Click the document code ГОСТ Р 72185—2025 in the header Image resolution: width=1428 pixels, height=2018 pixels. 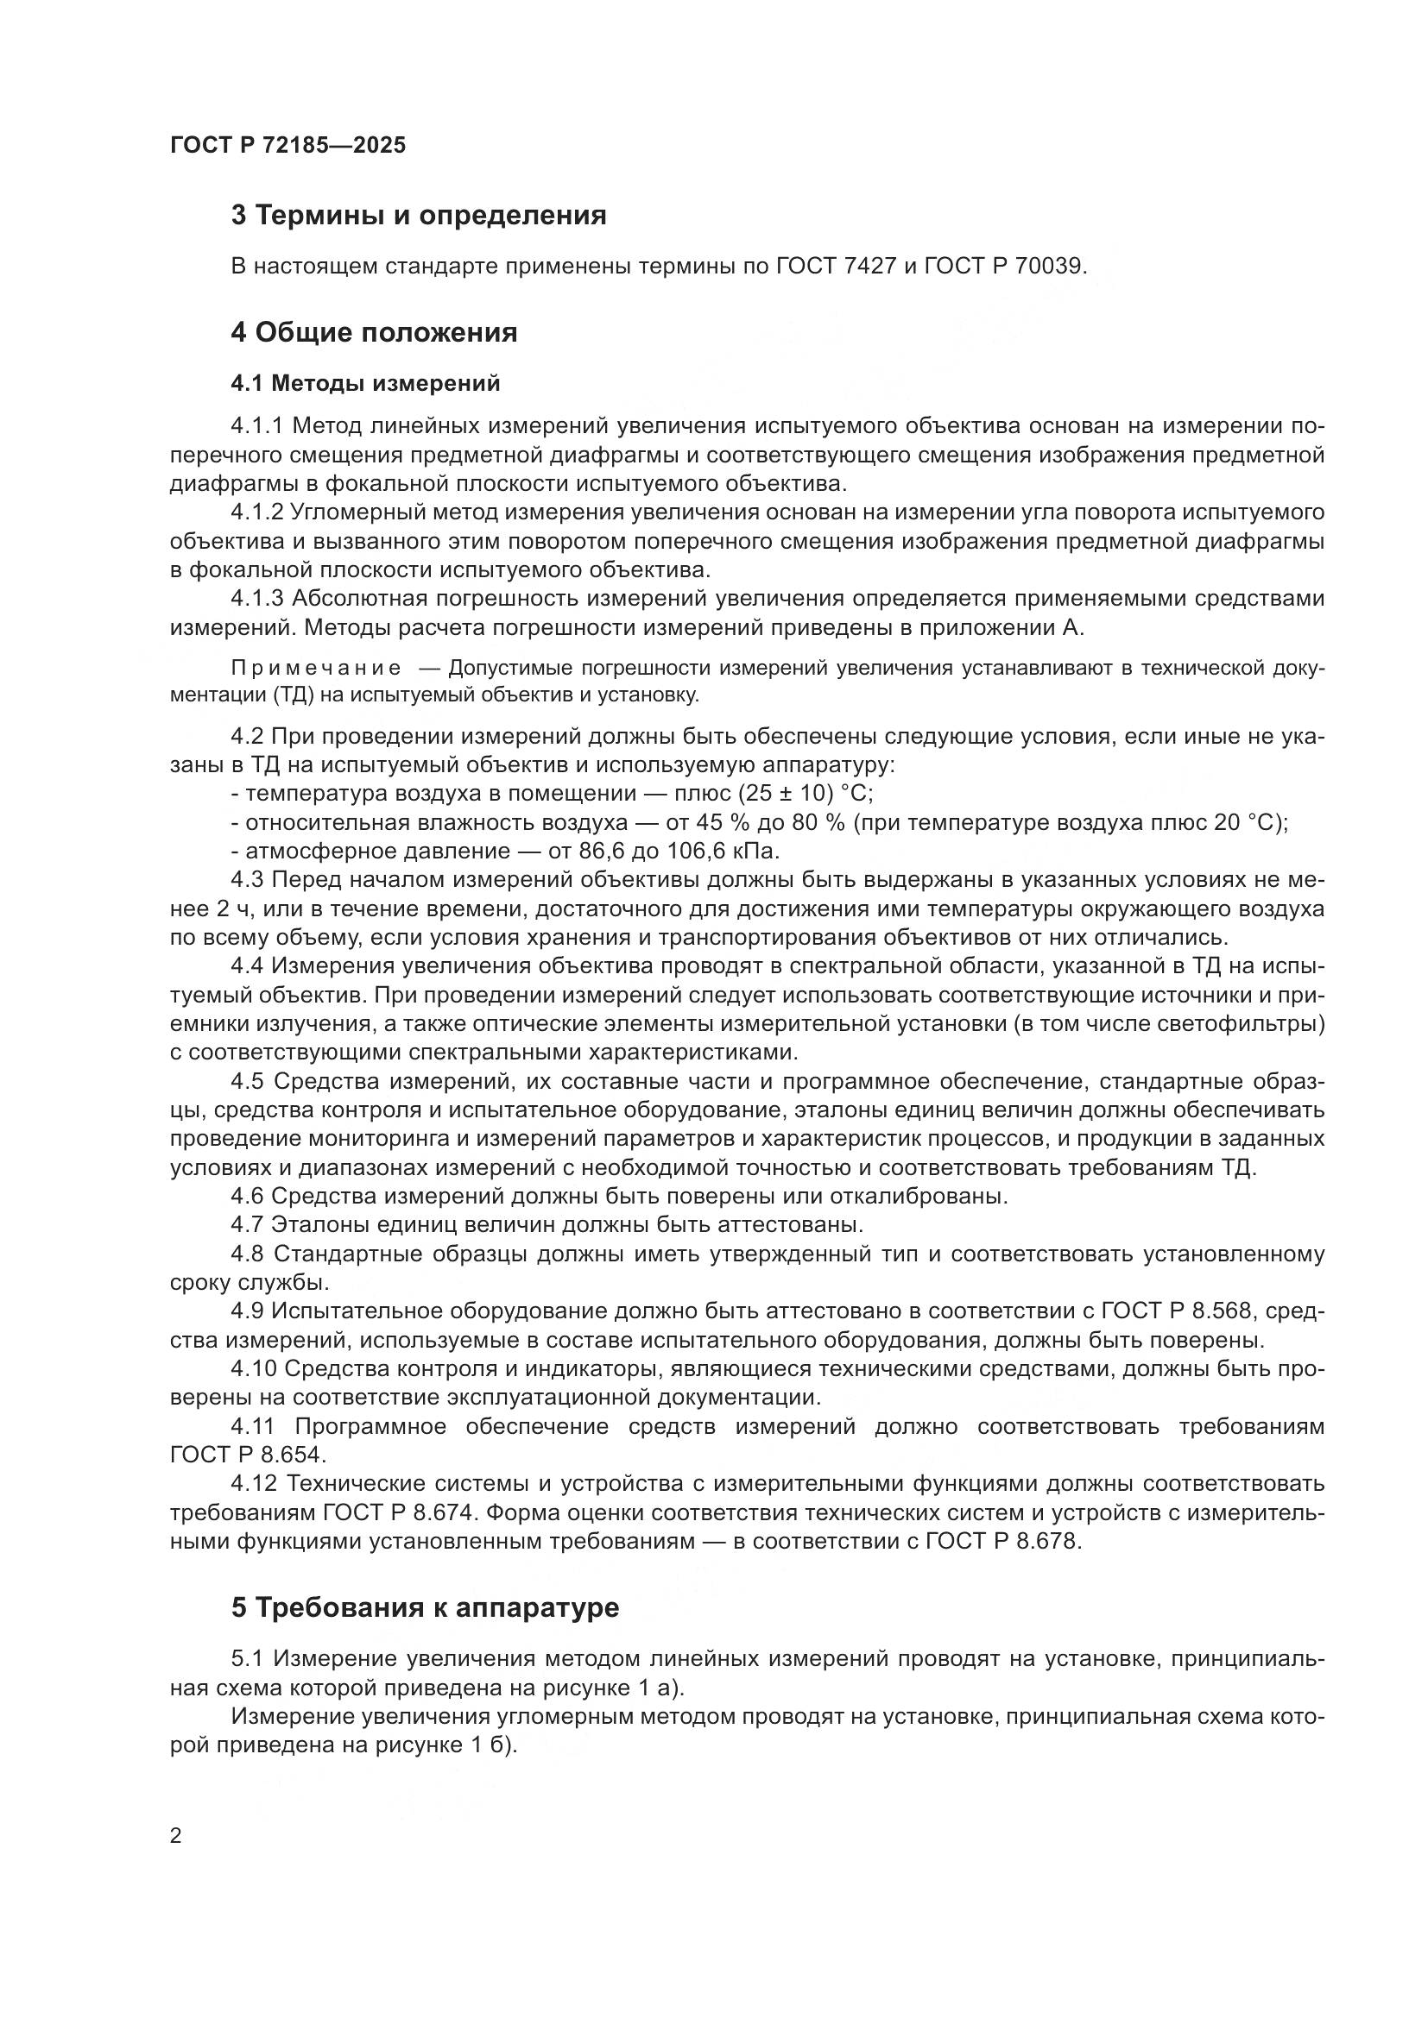(287, 145)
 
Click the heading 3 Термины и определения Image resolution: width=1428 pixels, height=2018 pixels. (419, 216)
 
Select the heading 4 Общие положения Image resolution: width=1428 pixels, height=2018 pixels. (374, 332)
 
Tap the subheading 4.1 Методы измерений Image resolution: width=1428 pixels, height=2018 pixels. (366, 383)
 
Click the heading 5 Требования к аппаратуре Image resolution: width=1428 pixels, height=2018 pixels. (425, 1607)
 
